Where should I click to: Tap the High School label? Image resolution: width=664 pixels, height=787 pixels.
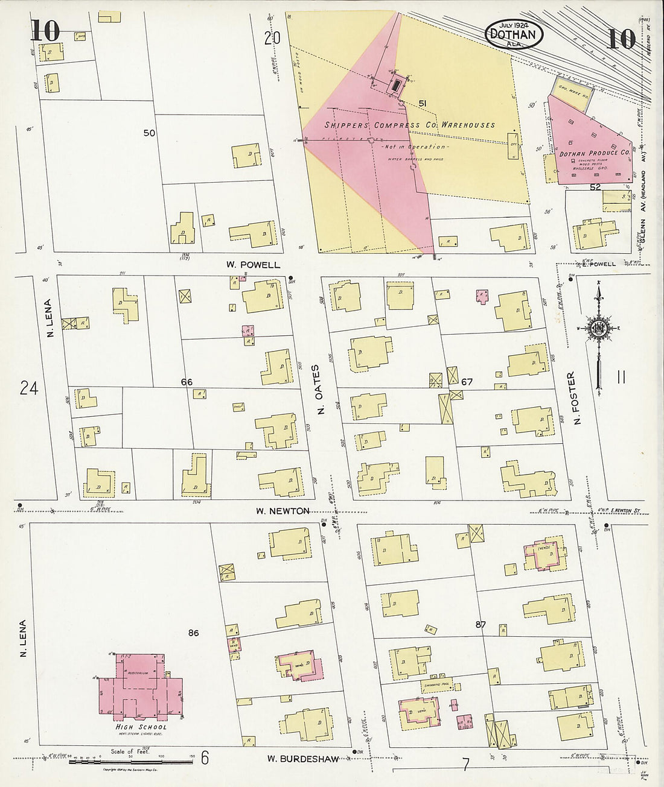[x=141, y=727]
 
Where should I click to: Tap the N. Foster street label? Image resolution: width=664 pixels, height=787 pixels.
[x=571, y=399]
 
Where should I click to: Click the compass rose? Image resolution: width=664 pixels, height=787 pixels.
[x=599, y=329]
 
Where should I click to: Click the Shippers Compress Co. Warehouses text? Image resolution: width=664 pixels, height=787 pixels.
[x=409, y=125]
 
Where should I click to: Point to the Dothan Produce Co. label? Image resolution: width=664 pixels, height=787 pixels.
[x=594, y=154]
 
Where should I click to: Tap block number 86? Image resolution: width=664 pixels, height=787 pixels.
[x=193, y=633]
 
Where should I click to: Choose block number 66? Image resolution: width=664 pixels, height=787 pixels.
[x=187, y=382]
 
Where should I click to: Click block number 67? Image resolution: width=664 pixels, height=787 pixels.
[x=467, y=382]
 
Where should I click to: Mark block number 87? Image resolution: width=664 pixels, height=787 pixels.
[x=480, y=625]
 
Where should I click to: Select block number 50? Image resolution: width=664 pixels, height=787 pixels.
[x=149, y=133]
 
